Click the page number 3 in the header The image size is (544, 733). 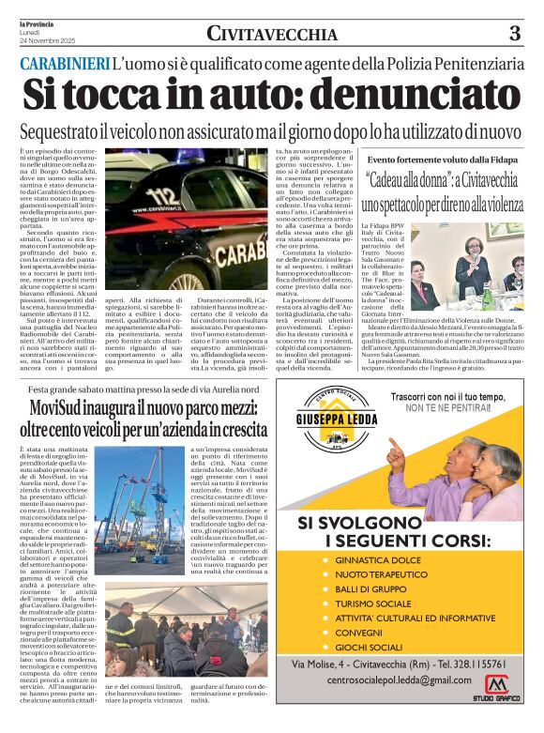(x=514, y=34)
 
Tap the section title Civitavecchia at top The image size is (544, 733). (x=272, y=35)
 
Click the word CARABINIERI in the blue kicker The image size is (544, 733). (x=64, y=64)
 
